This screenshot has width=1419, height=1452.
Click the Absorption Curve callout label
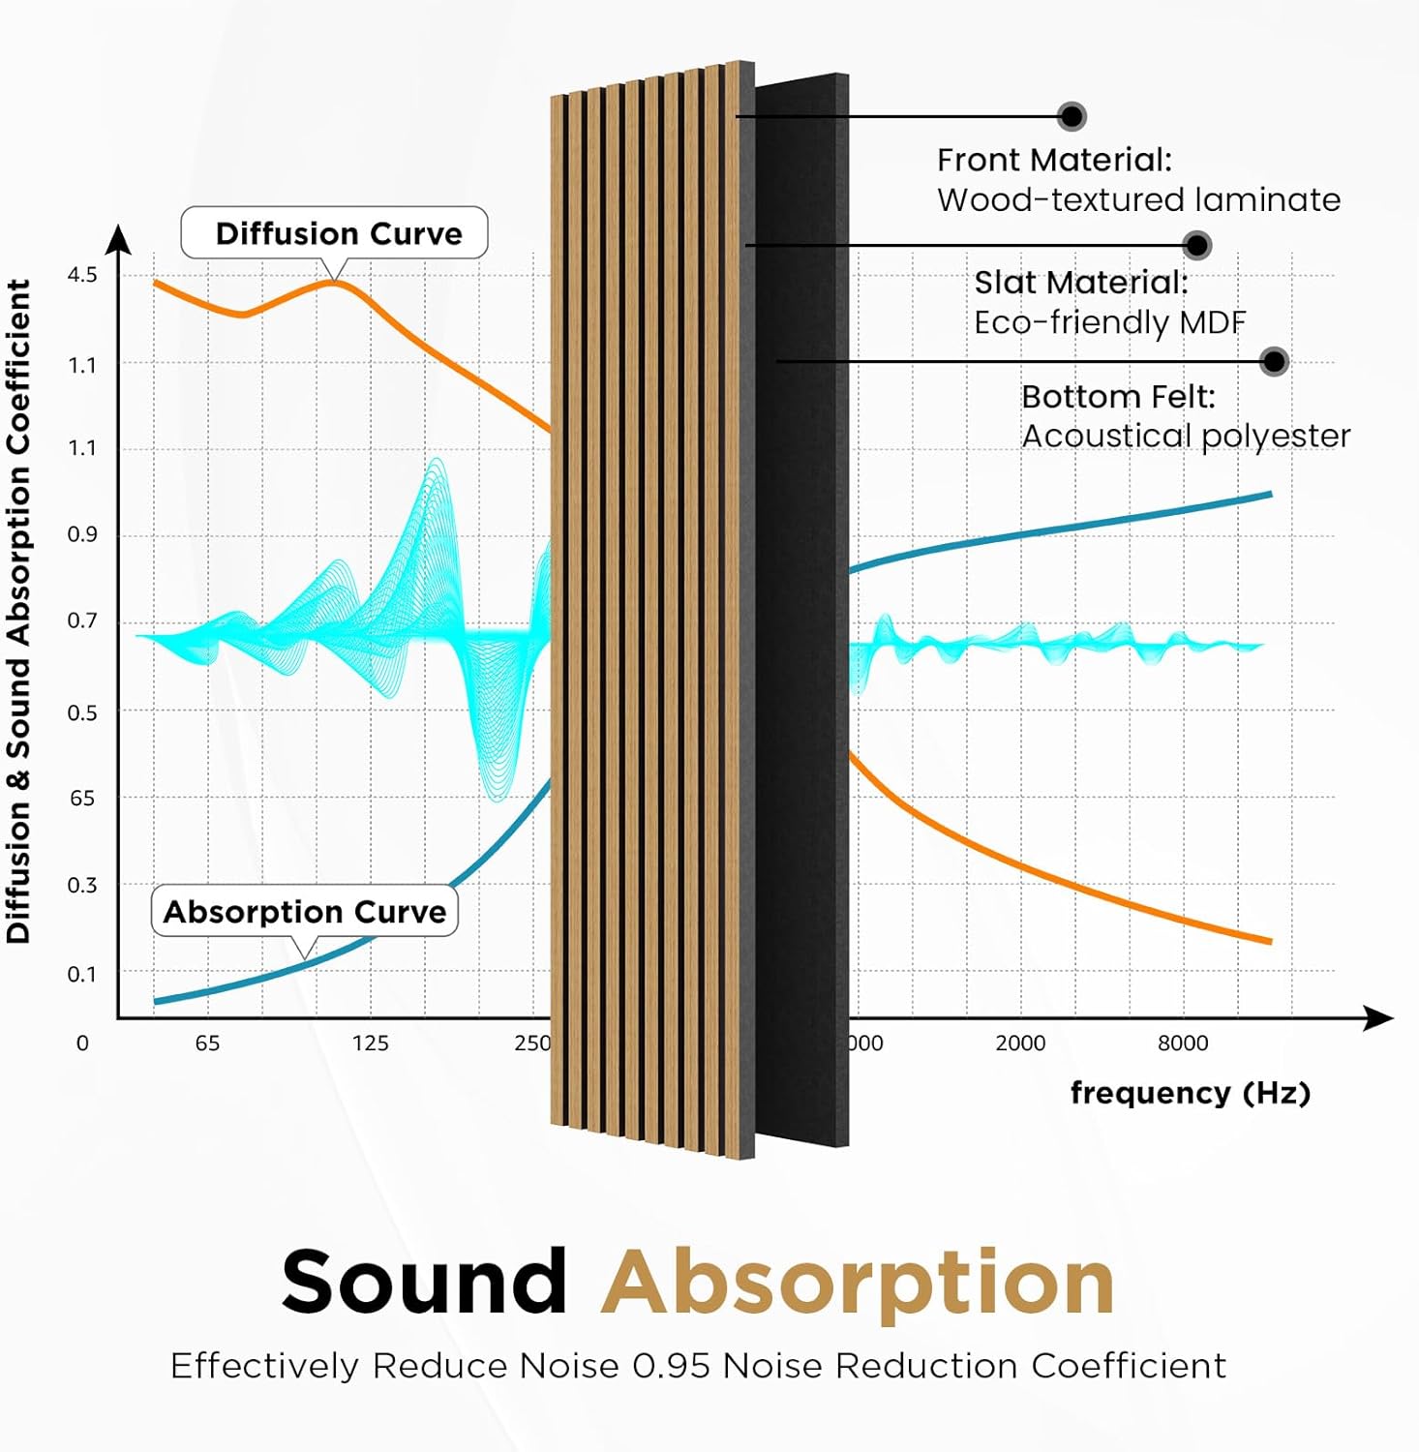304,912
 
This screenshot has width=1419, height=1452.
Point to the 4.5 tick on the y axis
82,275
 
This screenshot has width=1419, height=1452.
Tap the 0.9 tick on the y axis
82,534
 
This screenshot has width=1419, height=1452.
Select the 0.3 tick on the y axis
82,885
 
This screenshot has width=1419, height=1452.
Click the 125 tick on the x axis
370,1043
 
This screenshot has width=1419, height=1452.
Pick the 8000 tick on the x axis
1183,1043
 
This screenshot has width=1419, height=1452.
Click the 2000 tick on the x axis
1020,1043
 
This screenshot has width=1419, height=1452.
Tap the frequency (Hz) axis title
1190,1093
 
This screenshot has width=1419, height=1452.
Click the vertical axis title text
19,610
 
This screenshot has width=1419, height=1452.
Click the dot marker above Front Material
1072,116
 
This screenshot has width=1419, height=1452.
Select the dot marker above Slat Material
1197,245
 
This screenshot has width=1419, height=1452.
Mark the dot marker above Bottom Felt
1275,361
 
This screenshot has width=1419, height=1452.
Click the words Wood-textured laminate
1138,199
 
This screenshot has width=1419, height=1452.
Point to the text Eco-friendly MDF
1109,322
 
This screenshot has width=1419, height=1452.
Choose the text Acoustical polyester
1186,436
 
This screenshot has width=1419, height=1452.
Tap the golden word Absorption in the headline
858,1283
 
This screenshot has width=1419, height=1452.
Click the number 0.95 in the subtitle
673,1366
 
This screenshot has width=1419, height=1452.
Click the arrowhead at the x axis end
1379,1017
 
